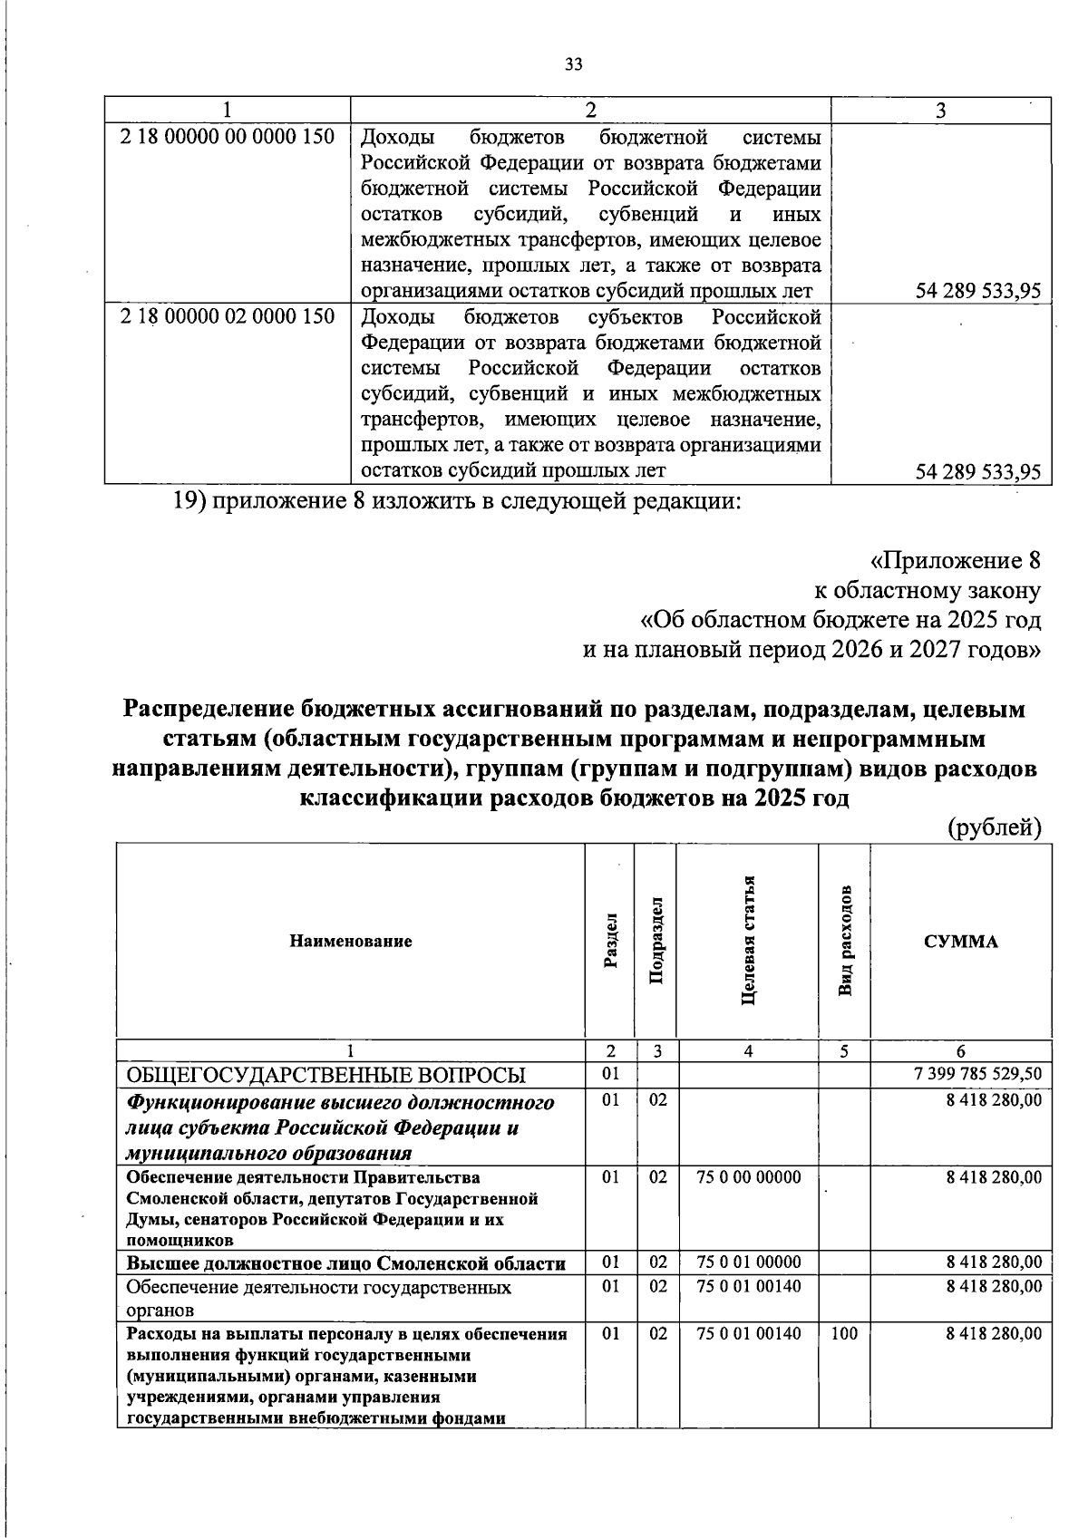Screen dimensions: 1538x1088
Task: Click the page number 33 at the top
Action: tap(573, 63)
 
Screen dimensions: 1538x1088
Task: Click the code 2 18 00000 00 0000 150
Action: tap(228, 138)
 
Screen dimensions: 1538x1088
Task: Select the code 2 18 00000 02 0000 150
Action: tap(228, 316)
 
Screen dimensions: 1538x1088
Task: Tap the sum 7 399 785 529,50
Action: tap(977, 1074)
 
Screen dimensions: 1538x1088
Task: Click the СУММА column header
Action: tap(960, 941)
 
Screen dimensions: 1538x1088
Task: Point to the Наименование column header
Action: tap(351, 941)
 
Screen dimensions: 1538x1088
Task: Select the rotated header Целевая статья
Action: tap(748, 941)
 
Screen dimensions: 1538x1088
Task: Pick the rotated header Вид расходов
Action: tap(844, 941)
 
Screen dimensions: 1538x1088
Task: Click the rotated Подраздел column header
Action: tap(657, 941)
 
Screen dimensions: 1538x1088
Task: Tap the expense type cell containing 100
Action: tap(843, 1333)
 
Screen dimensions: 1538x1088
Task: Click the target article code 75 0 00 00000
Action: tap(748, 1176)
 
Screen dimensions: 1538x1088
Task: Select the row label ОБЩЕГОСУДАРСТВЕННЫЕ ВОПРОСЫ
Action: tap(325, 1075)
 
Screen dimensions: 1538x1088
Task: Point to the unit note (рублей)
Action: tap(994, 827)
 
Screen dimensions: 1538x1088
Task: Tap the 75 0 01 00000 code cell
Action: tap(748, 1262)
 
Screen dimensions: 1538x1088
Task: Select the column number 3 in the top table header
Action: tap(941, 111)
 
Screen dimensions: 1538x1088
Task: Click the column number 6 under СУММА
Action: tap(960, 1051)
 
